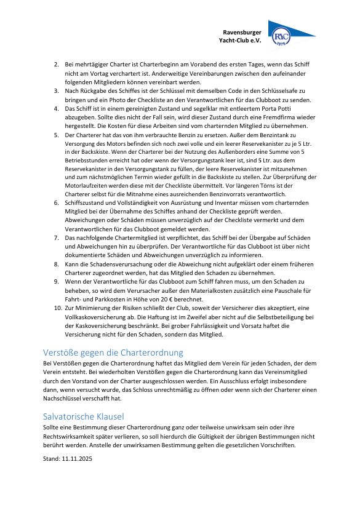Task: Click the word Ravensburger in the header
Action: point(242,31)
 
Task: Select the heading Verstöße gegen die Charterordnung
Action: point(113,353)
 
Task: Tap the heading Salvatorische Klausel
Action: point(84,416)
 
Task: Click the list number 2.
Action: point(56,64)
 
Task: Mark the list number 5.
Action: point(56,133)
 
